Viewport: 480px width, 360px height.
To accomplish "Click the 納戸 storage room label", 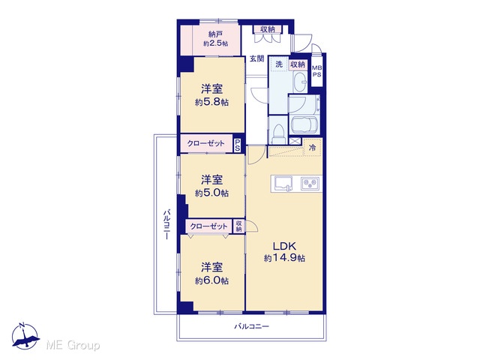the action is [x=215, y=34].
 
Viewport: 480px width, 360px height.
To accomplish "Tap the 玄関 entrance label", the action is [x=256, y=58].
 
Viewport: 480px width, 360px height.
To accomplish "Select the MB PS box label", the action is [x=316, y=71].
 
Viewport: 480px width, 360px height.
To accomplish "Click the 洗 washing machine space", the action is [x=279, y=64].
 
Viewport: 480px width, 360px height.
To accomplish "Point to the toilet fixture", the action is [x=278, y=133].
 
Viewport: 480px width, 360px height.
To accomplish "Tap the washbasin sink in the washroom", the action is [x=300, y=82].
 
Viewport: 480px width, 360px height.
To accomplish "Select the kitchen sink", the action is [x=283, y=184].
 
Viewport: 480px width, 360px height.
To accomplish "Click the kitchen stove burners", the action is [x=310, y=184].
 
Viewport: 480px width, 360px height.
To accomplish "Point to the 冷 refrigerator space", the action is [x=312, y=148].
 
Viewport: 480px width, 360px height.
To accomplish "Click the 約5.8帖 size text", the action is [x=211, y=102].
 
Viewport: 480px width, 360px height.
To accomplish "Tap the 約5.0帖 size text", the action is [x=211, y=193].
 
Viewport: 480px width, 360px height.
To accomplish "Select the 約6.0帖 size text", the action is [x=211, y=280].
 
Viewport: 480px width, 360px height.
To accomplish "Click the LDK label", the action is [x=284, y=246].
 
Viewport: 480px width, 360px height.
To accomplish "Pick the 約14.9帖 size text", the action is [x=284, y=258].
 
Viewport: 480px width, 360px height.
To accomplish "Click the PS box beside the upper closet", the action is [x=238, y=145].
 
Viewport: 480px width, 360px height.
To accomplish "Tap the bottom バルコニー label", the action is [x=252, y=326].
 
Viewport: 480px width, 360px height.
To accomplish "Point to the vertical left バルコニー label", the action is [x=166, y=224].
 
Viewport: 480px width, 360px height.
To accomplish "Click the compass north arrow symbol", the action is [x=25, y=336].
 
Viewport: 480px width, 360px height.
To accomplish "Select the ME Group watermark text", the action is [x=73, y=346].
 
